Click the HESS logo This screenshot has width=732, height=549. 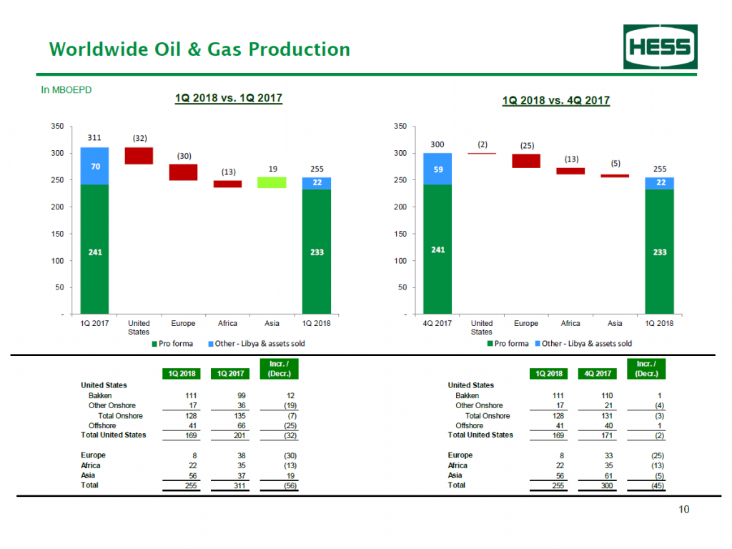[x=658, y=47]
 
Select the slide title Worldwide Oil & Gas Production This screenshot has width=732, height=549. [x=199, y=49]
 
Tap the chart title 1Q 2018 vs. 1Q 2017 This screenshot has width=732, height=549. [x=229, y=98]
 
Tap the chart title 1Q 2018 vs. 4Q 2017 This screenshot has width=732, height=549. [x=556, y=100]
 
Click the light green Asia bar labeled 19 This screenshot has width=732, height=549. [x=272, y=182]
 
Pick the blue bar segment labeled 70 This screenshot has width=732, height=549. [x=94, y=166]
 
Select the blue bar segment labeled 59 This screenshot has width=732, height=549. [x=437, y=169]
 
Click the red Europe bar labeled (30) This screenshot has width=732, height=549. [x=183, y=172]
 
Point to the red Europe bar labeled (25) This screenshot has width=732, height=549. [x=526, y=161]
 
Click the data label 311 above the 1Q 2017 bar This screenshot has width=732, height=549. [x=94, y=137]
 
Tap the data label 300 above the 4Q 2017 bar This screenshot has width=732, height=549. [x=437, y=144]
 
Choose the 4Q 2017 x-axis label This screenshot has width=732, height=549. [x=437, y=324]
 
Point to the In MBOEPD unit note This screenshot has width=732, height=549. [x=66, y=90]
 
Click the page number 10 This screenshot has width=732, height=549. [x=684, y=510]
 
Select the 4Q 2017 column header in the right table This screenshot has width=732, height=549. [x=603, y=373]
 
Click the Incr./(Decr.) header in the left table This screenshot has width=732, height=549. [x=279, y=369]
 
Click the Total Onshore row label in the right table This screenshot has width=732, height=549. [x=488, y=415]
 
